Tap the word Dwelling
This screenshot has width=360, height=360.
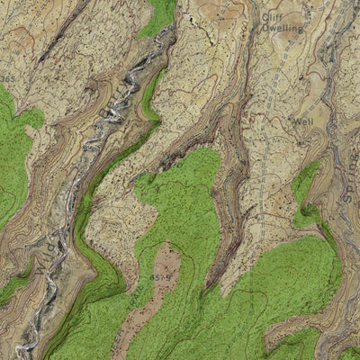click(283, 28)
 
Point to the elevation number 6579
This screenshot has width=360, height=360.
click(161, 277)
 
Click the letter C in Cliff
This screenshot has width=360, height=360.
click(265, 16)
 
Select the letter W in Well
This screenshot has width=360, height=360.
click(293, 120)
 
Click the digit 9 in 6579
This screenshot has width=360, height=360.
click(168, 277)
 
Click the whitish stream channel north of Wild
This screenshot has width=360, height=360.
click(108, 117)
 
